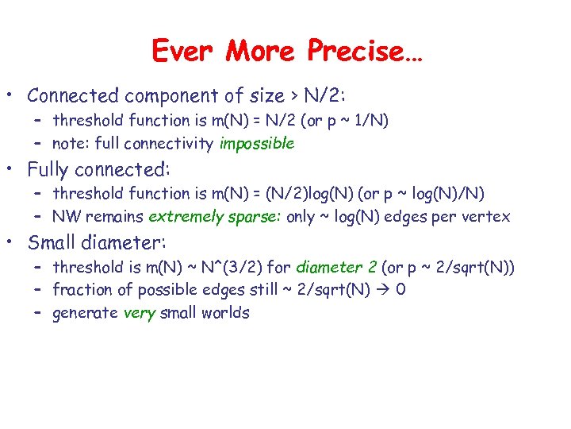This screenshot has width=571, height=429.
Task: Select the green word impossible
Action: [x=257, y=144]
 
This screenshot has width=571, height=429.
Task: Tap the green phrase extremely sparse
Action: [x=213, y=216]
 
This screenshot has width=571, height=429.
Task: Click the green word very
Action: [x=140, y=313]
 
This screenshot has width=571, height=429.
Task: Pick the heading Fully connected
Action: [x=99, y=169]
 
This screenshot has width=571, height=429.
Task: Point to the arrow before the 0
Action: [x=384, y=290]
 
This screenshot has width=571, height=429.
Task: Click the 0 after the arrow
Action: [x=401, y=290]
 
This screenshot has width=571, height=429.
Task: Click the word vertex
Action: [x=485, y=216]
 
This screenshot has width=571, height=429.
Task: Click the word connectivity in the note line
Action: [x=175, y=144]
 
